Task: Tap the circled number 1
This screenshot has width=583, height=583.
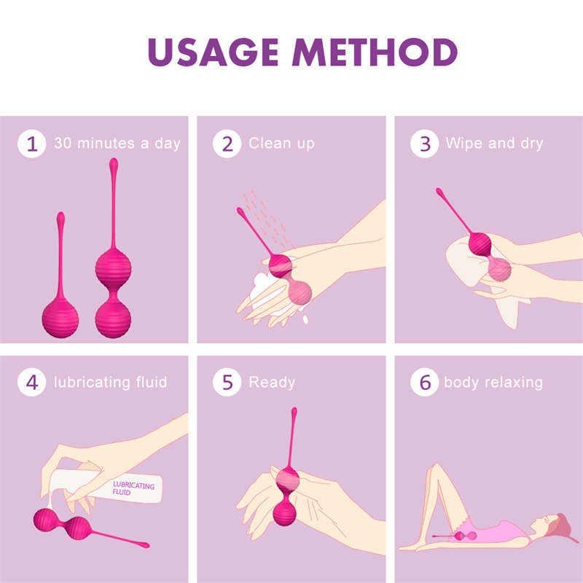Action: coord(31,144)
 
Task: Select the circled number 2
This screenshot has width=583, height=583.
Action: coord(227,144)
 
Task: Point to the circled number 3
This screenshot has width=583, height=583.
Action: coord(424,144)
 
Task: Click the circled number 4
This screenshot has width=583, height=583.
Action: coord(31,383)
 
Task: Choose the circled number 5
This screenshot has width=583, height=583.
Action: coord(227,383)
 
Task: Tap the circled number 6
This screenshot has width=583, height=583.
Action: coord(424,383)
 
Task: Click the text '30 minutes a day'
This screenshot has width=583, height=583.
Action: coord(117,143)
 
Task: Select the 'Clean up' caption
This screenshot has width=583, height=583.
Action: coord(281,143)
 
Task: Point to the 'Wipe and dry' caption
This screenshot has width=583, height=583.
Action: coord(494,143)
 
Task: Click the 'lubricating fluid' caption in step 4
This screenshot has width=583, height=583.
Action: coord(110,382)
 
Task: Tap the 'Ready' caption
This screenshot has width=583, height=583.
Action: coord(272,382)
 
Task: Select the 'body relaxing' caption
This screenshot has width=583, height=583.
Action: coord(493,382)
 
